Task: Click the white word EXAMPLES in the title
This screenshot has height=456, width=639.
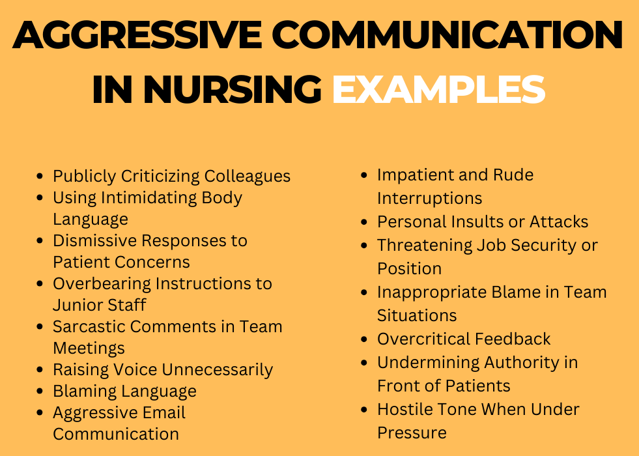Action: pyautogui.click(x=438, y=89)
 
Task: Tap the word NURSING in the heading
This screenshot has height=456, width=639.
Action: pyautogui.click(x=232, y=89)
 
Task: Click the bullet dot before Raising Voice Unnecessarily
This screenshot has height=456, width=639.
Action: pyautogui.click(x=40, y=370)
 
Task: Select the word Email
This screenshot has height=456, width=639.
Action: pyautogui.click(x=165, y=412)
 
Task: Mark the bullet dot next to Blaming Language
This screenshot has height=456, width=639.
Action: pyautogui.click(x=40, y=392)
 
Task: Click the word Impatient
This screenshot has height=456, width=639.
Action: pyautogui.click(x=414, y=175)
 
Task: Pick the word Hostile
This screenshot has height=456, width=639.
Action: pyautogui.click(x=403, y=409)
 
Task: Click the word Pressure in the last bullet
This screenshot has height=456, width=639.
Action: pyautogui.click(x=412, y=433)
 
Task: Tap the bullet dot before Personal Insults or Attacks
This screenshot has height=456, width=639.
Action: pyautogui.click(x=365, y=222)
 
